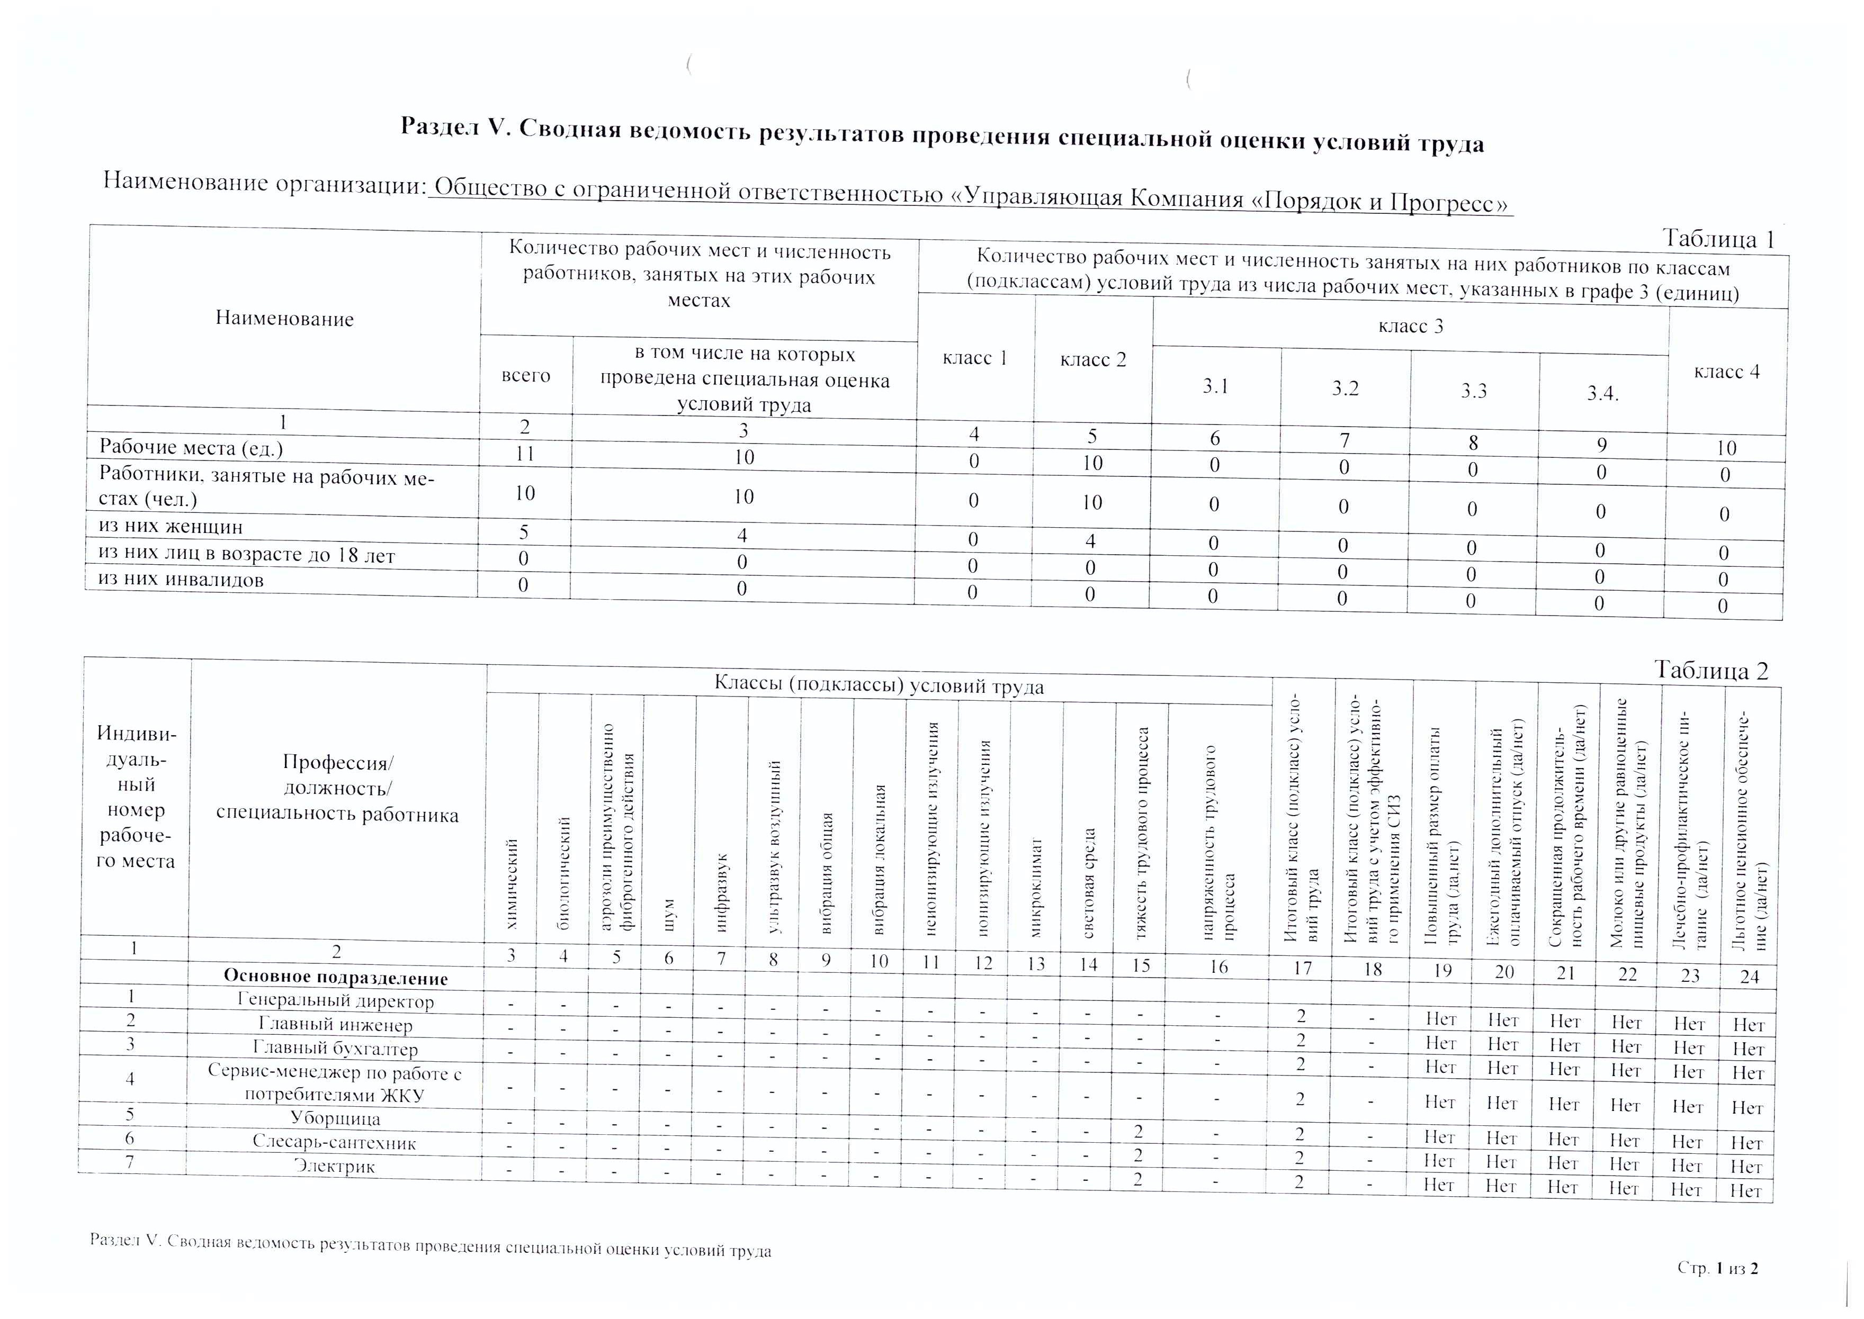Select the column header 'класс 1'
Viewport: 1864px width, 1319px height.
(974, 358)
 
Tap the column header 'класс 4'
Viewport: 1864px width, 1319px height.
(1727, 372)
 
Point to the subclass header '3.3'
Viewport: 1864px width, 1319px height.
(1473, 391)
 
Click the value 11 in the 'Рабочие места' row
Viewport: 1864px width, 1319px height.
(525, 453)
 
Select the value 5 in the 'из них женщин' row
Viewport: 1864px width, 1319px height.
(524, 532)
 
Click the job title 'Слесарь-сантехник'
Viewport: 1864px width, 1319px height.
(334, 1143)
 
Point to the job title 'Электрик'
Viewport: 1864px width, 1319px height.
(334, 1167)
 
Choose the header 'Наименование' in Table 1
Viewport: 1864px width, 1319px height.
(284, 319)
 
